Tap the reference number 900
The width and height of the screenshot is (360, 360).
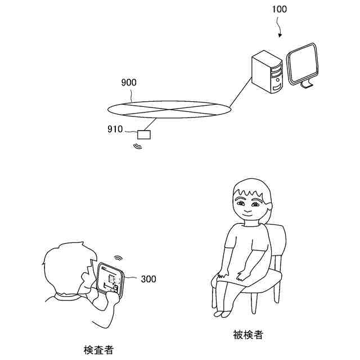click(129, 83)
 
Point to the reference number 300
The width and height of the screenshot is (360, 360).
click(148, 279)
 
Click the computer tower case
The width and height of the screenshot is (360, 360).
click(266, 72)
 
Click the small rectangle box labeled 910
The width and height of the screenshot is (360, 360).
click(145, 134)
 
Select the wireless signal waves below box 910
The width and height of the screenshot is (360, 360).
click(137, 147)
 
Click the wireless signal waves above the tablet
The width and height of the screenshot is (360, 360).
click(118, 258)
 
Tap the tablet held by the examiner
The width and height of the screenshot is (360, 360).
click(110, 277)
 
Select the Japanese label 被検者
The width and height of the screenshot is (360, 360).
click(247, 335)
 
